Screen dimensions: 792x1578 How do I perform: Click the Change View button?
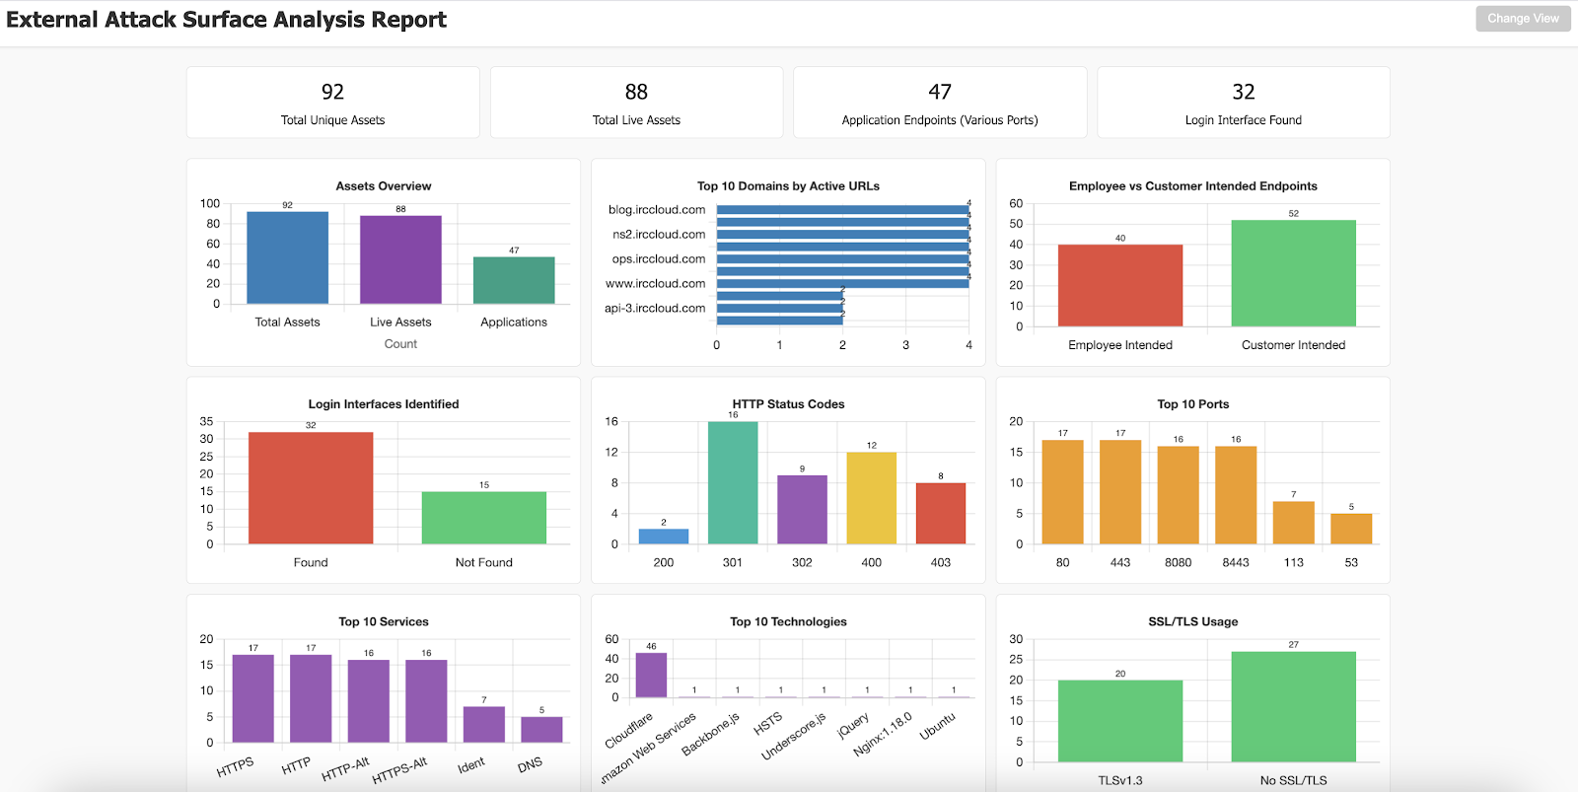coord(1523,19)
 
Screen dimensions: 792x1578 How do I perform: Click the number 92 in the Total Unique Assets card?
coord(332,92)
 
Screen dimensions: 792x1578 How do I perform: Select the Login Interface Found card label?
coord(1243,120)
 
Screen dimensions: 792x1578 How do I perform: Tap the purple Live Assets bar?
coord(400,259)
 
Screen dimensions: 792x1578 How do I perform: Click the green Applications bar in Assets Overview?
coord(514,280)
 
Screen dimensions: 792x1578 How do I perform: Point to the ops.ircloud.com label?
coord(658,259)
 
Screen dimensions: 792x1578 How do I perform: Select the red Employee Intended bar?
coord(1119,285)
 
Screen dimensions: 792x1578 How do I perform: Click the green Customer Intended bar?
coord(1293,273)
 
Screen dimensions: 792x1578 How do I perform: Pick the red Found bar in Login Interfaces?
coord(311,487)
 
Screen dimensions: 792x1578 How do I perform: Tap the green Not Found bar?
coord(483,518)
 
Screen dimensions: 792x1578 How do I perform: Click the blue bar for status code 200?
coord(664,537)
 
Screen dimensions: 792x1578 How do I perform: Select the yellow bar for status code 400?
coord(871,498)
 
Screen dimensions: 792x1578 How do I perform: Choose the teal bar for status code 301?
coord(733,482)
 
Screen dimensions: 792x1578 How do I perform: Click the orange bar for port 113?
coord(1293,523)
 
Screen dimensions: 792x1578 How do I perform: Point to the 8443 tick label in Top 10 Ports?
coord(1236,563)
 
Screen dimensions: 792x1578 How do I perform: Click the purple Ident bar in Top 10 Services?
coord(483,724)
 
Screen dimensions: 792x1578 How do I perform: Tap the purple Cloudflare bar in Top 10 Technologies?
coord(651,676)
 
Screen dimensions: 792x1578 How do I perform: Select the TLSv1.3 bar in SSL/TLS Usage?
coord(1119,721)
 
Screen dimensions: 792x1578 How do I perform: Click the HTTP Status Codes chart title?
coord(788,404)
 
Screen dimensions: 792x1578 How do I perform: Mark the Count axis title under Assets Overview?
coord(400,344)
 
